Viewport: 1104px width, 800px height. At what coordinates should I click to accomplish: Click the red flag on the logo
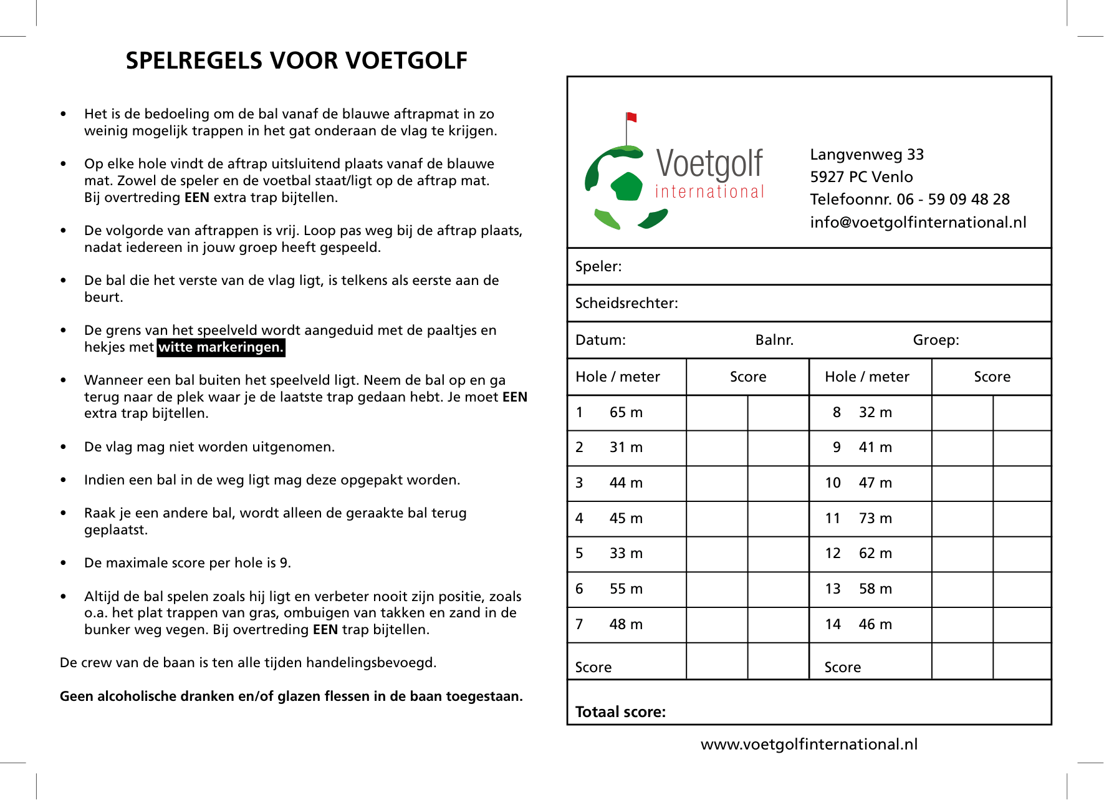pos(631,117)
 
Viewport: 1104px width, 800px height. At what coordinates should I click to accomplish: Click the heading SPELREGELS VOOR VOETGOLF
pos(296,60)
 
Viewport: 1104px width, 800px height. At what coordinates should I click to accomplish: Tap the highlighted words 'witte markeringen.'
pos(221,347)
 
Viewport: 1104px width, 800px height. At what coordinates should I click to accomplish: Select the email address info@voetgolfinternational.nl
pos(918,223)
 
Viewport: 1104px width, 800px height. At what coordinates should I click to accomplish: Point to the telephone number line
pos(910,200)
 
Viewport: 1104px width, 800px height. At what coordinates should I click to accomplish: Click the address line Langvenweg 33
pos(866,155)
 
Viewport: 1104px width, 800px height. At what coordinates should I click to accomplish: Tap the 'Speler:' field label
pos(598,267)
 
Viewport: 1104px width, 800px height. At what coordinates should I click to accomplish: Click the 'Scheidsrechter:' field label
pos(626,304)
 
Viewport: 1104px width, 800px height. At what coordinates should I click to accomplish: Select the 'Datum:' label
pos(600,340)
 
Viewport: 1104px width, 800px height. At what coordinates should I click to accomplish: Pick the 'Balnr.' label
pos(774,340)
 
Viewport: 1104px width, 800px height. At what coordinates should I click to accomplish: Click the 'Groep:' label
pos(936,340)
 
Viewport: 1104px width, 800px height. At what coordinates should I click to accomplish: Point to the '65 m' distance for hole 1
pos(626,413)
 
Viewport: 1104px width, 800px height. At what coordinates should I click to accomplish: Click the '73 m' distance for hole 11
pos(875,519)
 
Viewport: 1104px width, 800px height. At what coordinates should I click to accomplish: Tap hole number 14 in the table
pos(833,625)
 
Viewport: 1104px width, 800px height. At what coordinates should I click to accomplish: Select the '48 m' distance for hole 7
pos(626,625)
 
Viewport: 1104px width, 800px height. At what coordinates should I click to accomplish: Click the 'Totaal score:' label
pos(620,712)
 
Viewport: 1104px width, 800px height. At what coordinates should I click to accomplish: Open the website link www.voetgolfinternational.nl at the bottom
pos(809,745)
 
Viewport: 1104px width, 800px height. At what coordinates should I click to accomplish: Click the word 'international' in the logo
pos(709,192)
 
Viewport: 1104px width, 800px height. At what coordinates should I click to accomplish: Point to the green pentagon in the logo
pos(626,186)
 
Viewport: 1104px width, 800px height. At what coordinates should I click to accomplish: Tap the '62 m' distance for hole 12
pos(875,554)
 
